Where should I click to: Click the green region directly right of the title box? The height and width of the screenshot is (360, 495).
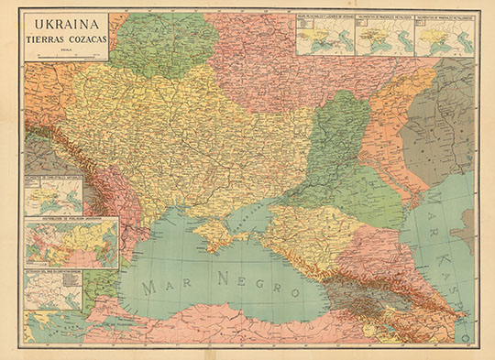point(165,41)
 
